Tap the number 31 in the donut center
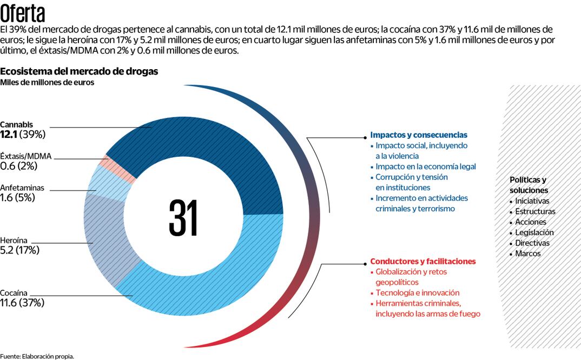tap(183, 218)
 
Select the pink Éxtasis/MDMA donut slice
tap(110, 162)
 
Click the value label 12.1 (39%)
tap(23, 134)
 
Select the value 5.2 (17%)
tap(19, 250)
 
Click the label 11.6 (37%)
tap(22, 303)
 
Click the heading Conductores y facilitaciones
tap(422, 261)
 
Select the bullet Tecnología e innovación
tap(417, 292)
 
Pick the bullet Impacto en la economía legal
tap(426, 166)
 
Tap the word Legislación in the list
tap(534, 232)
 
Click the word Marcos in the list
tap(527, 253)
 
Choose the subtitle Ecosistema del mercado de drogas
tap(79, 71)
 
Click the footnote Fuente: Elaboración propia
tap(37, 356)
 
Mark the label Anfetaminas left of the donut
tap(22, 188)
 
